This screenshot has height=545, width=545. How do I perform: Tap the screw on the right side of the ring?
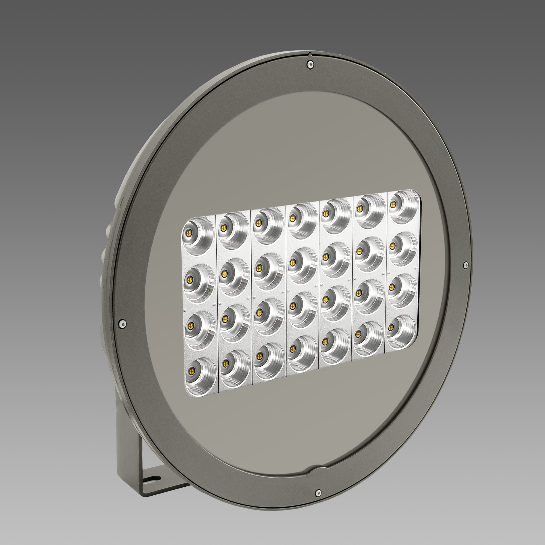[x=465, y=265]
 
